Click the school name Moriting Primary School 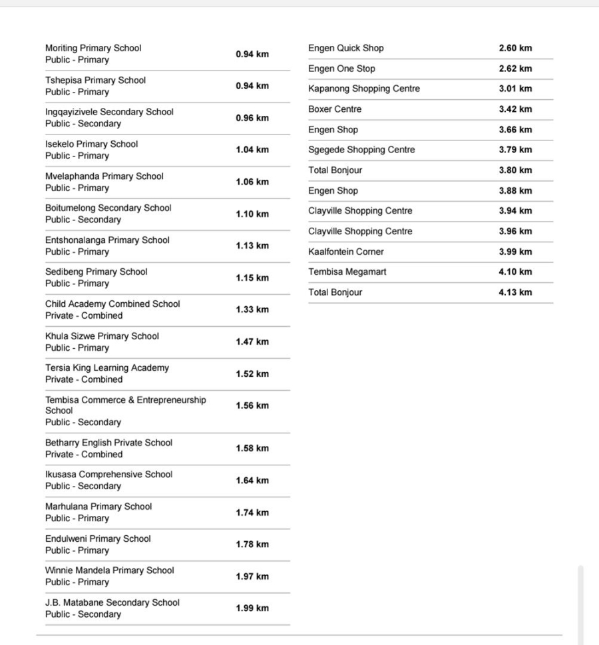(93, 48)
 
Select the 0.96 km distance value (252, 118)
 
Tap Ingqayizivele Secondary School (109, 112)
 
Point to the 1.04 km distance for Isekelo (252, 150)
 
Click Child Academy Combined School (112, 304)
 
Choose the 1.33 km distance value (252, 310)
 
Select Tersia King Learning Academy (107, 367)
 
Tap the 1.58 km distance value (252, 448)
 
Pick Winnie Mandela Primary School (110, 570)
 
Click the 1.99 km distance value (252, 608)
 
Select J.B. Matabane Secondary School (112, 602)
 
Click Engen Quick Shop (346, 48)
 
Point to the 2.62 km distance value (515, 69)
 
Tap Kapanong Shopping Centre (364, 89)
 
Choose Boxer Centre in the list (335, 109)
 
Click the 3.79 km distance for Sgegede (515, 150)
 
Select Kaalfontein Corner (346, 252)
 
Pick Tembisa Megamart (347, 272)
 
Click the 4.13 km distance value (515, 292)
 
